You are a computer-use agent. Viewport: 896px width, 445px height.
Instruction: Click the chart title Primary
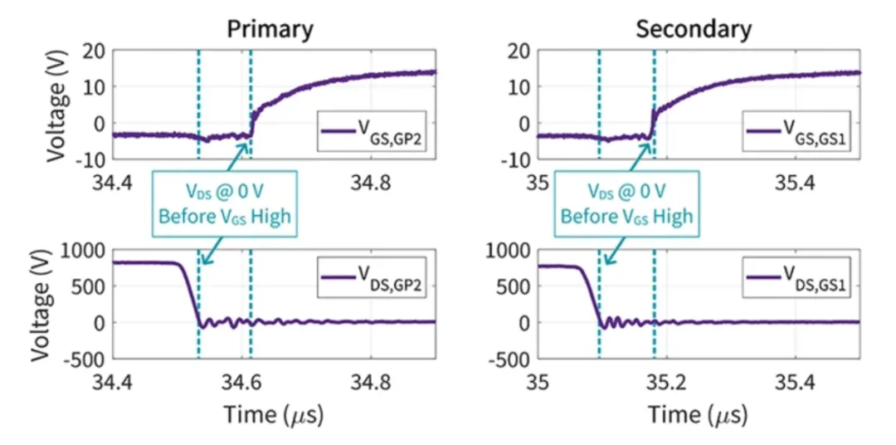[271, 30]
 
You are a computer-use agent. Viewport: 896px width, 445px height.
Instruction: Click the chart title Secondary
[694, 30]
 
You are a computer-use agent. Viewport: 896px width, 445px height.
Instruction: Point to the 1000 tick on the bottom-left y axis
[81, 250]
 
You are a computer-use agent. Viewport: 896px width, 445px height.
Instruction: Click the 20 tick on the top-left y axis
[93, 50]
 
